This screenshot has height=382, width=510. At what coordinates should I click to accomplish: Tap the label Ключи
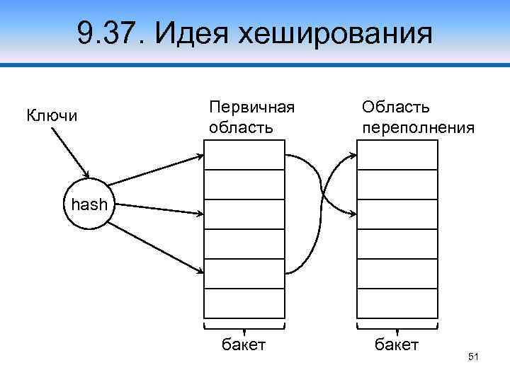pos(52,115)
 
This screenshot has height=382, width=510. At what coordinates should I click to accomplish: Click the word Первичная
pos(251,107)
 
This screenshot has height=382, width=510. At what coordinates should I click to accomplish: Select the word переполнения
pos(418,128)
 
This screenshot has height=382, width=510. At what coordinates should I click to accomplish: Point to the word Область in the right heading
pos(395,107)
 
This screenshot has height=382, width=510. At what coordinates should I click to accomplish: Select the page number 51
pos(474,358)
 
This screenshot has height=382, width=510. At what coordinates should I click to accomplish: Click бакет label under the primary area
pos(244,345)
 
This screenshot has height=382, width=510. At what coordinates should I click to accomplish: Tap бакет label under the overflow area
pos(397,345)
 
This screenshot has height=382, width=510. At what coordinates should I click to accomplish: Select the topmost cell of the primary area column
pos(244,154)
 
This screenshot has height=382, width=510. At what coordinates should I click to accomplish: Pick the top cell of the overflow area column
pos(397,154)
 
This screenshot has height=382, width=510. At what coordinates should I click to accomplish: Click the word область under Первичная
pos(240,128)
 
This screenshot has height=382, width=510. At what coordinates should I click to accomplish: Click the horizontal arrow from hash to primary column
pos(156,210)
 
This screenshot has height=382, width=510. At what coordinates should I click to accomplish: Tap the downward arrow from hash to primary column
pos(156,248)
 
